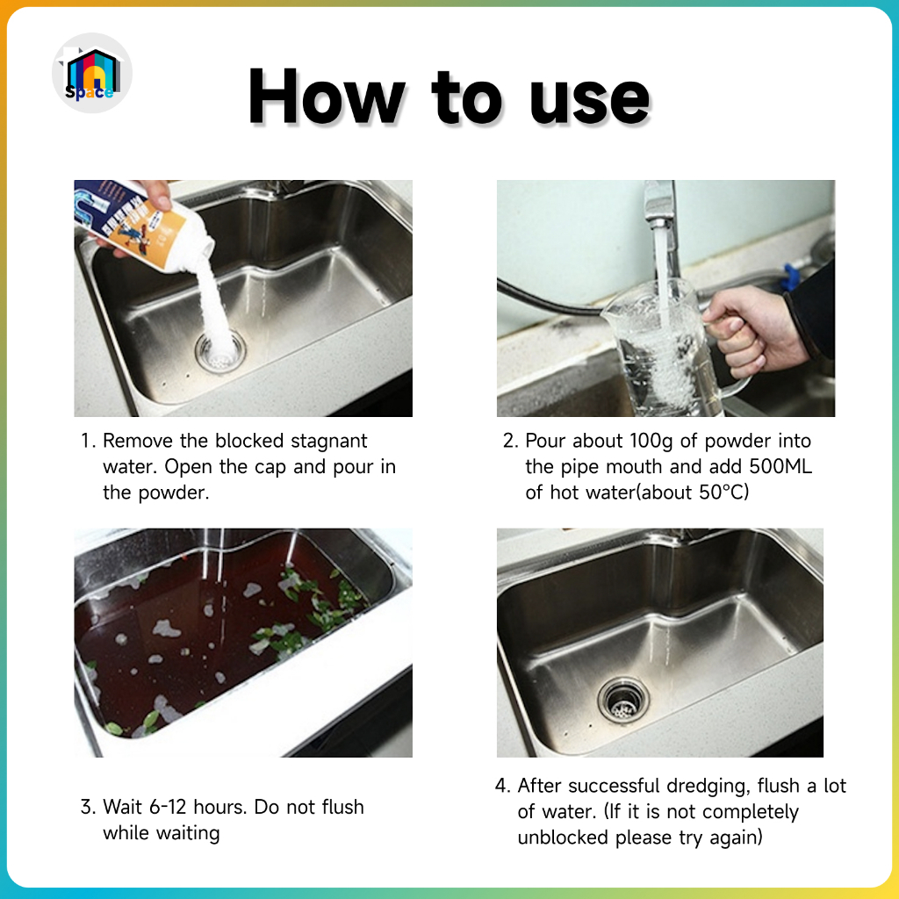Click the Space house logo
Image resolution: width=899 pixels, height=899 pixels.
(91, 73)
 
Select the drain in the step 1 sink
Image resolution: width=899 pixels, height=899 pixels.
(220, 350)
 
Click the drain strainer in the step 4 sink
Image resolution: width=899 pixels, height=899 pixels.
(623, 700)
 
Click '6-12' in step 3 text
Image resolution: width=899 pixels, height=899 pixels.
(168, 808)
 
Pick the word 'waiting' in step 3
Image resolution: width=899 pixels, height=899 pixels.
(190, 834)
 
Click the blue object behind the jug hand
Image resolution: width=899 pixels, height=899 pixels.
(790, 277)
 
